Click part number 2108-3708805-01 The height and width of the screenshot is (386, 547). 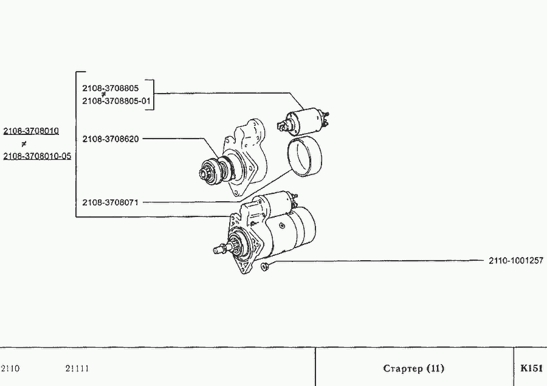[116, 102]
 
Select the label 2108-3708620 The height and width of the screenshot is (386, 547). [111, 139]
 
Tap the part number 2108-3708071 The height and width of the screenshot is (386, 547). [111, 202]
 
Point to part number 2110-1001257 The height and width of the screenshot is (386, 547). [516, 261]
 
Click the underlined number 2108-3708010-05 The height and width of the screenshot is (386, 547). [37, 156]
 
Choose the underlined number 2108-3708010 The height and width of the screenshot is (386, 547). [31, 131]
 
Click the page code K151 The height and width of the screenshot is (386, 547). [531, 368]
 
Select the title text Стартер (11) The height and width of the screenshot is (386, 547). [413, 368]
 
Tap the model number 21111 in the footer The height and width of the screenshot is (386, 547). [77, 368]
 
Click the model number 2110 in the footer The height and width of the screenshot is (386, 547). [10, 368]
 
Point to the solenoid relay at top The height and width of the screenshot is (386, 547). [303, 122]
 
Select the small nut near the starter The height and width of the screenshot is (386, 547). [264, 266]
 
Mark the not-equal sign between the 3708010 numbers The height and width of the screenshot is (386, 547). [24, 144]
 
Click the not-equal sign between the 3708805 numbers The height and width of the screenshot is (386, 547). [103, 94]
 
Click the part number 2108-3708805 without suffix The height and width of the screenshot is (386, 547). [110, 88]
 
